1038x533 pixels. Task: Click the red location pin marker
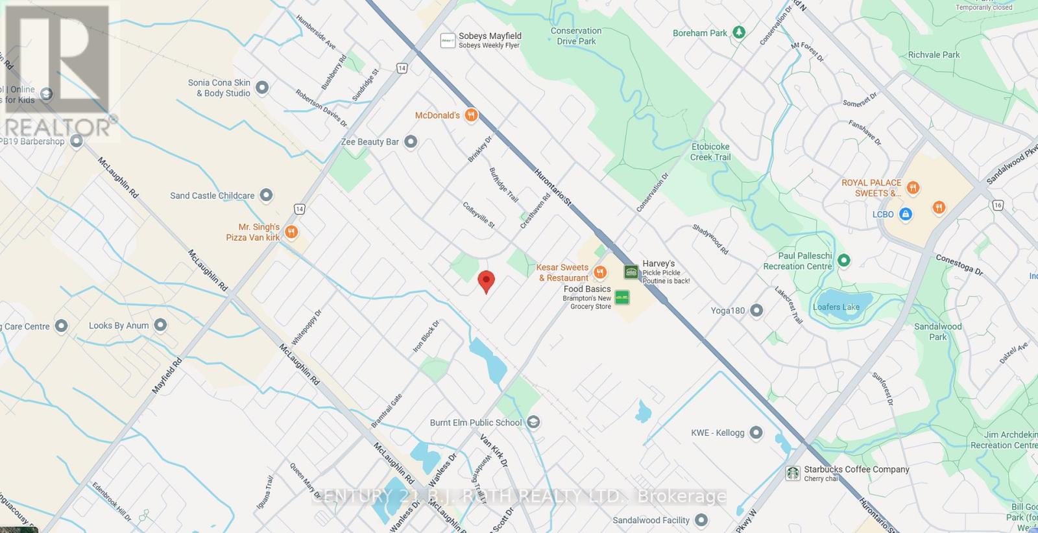[486, 281]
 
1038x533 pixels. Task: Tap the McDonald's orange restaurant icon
[472, 115]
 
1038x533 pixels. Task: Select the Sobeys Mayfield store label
[490, 36]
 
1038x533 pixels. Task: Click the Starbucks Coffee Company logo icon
[792, 473]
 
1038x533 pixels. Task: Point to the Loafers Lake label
[836, 307]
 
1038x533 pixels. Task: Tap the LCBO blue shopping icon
[906, 214]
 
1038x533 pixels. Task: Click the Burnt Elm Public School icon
[533, 423]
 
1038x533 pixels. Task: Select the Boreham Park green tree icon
[738, 32]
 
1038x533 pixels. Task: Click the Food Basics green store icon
[622, 298]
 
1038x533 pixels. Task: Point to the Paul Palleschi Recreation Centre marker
[843, 261]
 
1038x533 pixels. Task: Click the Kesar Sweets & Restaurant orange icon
[600, 272]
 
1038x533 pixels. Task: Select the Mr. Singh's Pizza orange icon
[291, 231]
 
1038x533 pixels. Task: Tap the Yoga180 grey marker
[756, 311]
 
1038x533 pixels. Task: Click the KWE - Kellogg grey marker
[756, 432]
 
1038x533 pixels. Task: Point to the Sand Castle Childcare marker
[265, 195]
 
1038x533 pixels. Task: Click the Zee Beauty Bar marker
[410, 141]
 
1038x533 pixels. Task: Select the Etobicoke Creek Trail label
[710, 152]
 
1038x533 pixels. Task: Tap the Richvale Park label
[934, 54]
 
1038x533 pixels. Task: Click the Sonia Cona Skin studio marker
[262, 87]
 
